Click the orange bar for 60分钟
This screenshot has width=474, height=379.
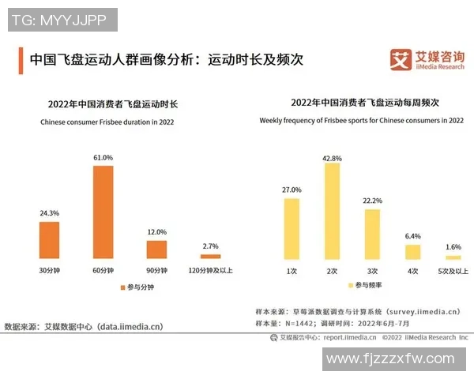tap(103, 212)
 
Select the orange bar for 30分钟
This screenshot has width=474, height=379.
tap(49, 240)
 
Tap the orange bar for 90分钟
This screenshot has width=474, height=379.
tap(156, 250)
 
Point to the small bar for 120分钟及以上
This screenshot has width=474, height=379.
tap(210, 257)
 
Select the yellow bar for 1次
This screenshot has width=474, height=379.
tap(292, 228)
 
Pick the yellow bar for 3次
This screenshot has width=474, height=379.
tap(372, 234)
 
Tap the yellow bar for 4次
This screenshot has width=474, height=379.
tap(412, 252)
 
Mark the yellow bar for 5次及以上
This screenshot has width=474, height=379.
tap(453, 257)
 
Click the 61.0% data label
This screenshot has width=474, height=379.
tap(103, 158)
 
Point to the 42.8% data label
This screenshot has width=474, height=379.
tap(332, 158)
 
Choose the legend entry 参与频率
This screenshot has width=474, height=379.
tap(368, 283)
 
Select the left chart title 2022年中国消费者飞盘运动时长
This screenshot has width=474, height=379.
tap(113, 104)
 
